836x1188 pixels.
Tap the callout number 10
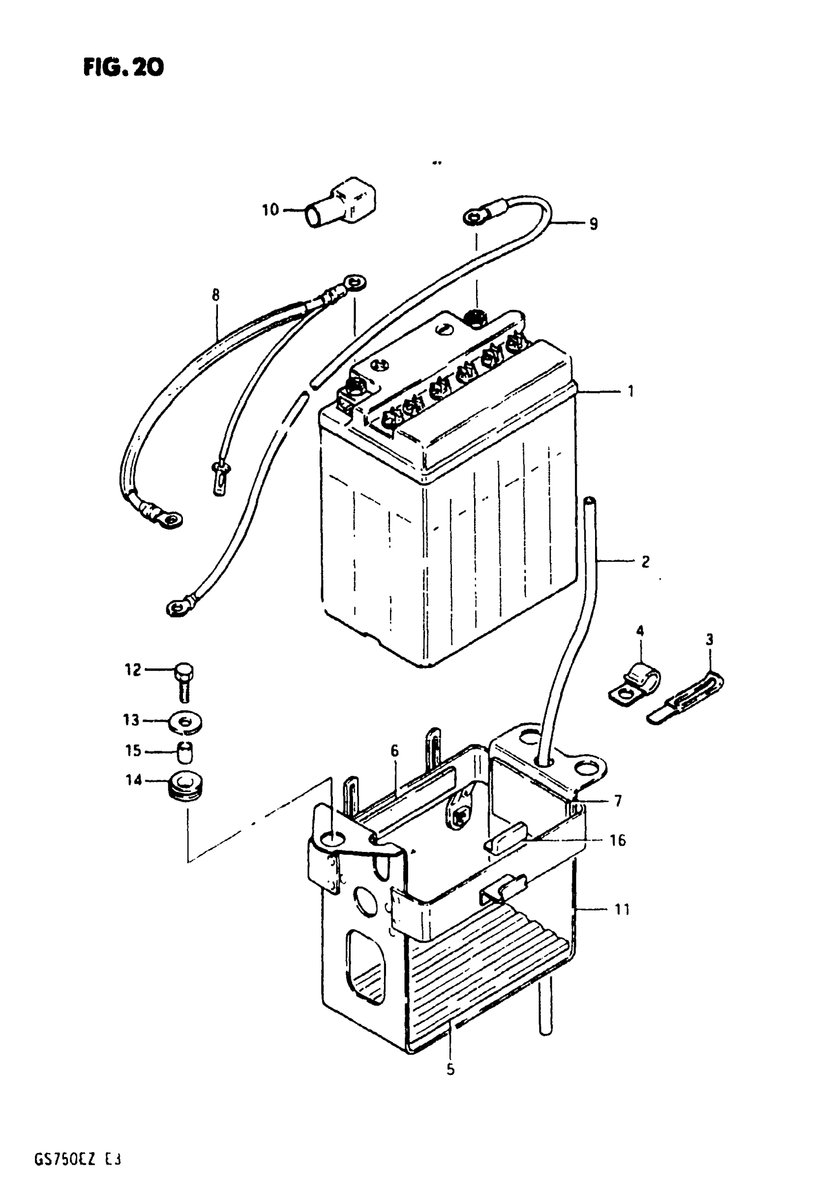[x=270, y=210]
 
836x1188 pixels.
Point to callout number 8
[x=215, y=295]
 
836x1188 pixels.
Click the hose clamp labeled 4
[x=635, y=682]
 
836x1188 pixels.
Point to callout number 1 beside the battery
[x=630, y=391]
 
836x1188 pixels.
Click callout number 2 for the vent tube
[x=645, y=561]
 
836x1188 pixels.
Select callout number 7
[x=618, y=801]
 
